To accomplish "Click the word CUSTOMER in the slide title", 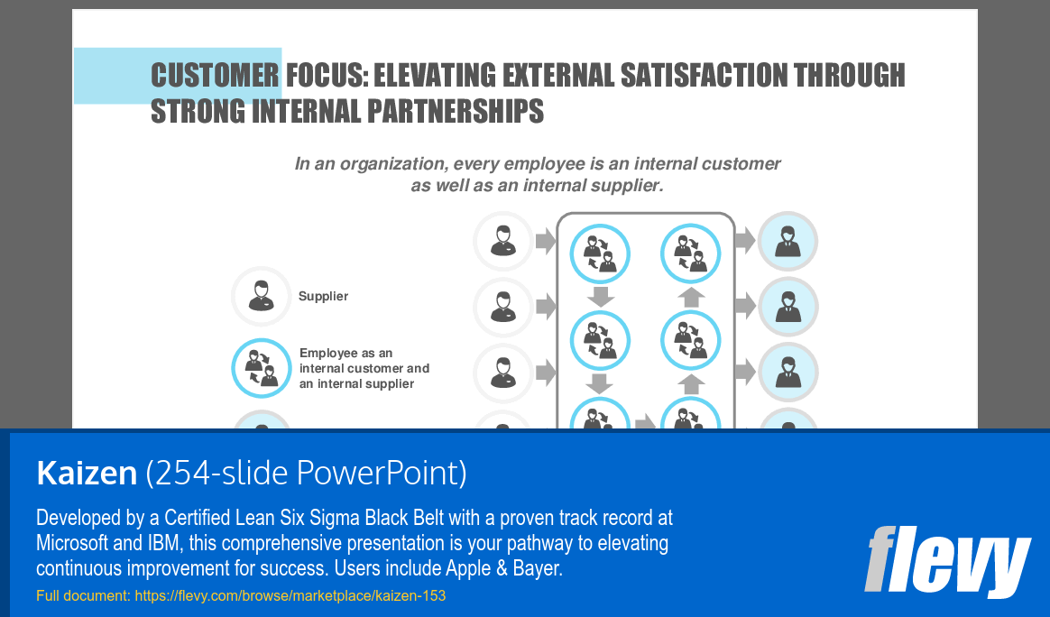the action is tap(215, 75).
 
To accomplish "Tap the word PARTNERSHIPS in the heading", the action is tap(456, 111).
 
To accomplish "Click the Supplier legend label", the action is tap(324, 296).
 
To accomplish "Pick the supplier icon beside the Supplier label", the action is tap(262, 296).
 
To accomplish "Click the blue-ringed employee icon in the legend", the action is tap(262, 368).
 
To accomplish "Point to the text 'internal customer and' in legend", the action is tap(364, 368).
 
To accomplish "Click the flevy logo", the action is tap(947, 561).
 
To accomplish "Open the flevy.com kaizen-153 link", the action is tap(290, 595).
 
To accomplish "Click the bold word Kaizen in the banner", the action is tap(87, 473).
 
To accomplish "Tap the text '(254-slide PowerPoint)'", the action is tap(306, 473).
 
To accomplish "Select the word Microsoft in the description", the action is tap(72, 543).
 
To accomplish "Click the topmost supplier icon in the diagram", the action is tap(503, 241).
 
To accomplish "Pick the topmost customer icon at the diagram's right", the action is tap(788, 241).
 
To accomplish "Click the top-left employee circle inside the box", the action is tap(600, 253).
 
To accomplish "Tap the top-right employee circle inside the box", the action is tap(690, 253).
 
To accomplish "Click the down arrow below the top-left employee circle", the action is tap(600, 297).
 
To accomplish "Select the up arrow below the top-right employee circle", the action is tap(691, 297).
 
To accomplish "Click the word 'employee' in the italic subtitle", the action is tap(542, 164).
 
